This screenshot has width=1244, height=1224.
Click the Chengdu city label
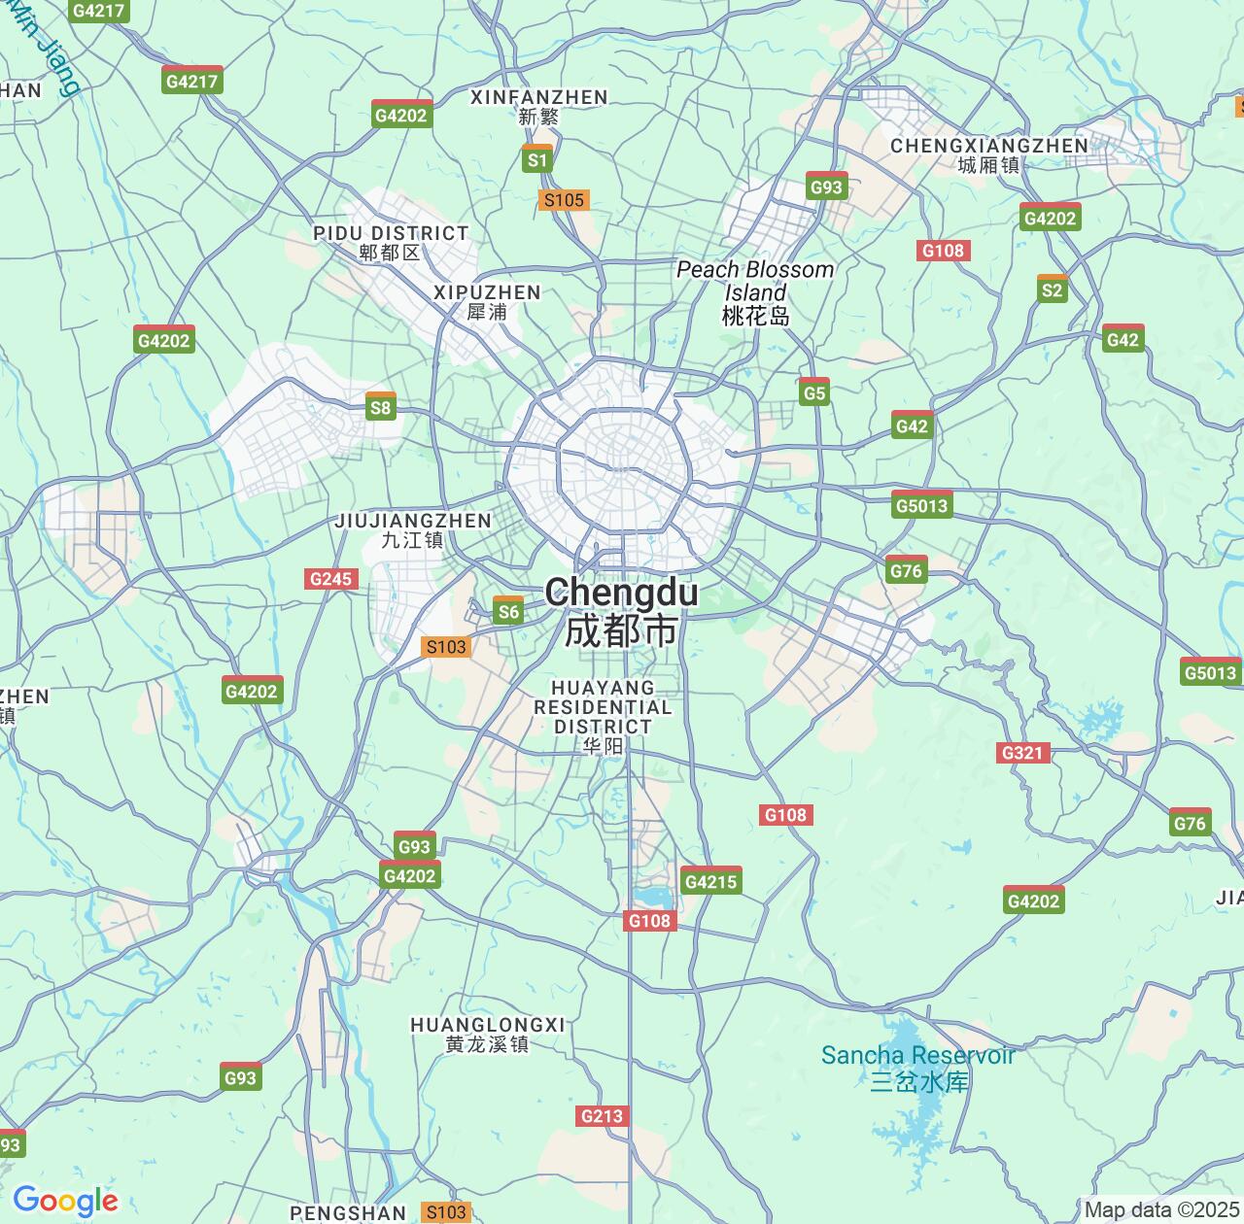pos(621,610)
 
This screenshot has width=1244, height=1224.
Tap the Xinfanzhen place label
pos(538,106)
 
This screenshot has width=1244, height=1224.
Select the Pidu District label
pos(391,242)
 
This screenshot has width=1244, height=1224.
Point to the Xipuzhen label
pos(487,301)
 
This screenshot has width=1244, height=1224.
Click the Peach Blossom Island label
pos(755,291)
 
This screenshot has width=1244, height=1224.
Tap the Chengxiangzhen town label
pos(989,154)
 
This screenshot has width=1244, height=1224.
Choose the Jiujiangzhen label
pos(413,529)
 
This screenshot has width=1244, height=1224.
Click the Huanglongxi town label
pos(487,1034)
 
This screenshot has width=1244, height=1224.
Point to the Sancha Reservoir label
pos(917,1067)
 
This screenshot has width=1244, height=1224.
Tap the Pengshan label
pos(348,1212)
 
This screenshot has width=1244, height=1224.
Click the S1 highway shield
pos(537,159)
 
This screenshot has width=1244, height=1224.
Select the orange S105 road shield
pos(564,200)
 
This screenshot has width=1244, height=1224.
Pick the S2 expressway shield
pos(1052,289)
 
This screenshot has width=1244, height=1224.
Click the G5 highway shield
pos(814,392)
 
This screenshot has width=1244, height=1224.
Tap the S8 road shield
pos(380,407)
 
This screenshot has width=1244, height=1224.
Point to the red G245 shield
pos(330,579)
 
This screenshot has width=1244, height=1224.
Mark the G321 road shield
pos(1022,752)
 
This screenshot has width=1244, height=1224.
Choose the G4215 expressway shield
pos(711,881)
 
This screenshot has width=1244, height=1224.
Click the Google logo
pos(65,1201)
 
